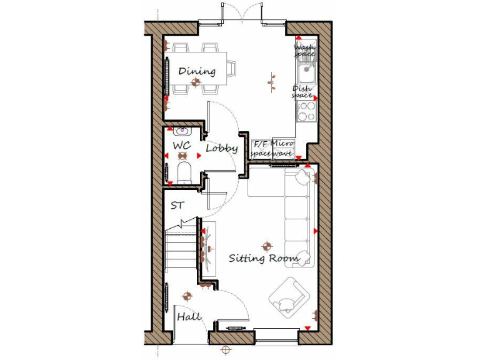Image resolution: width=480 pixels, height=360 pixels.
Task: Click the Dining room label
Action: point(197,71)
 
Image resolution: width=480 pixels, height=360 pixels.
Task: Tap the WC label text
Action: point(181,146)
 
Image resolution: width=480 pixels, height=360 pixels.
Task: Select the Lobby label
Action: point(221,149)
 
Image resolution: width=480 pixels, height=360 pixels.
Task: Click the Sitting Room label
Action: point(263,257)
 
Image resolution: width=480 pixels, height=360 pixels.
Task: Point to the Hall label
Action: point(189,317)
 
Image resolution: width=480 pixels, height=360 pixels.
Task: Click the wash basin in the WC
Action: point(183,131)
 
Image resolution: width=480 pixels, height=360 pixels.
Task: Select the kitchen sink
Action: point(306,74)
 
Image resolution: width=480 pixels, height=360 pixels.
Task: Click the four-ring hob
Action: point(306,111)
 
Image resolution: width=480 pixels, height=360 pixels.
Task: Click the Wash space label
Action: point(305,51)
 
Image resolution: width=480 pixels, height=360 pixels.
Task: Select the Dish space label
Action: point(302,92)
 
